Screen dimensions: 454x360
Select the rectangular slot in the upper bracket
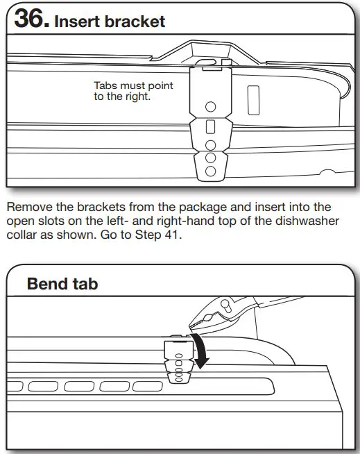coord(212,128)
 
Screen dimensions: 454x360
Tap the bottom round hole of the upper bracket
coord(212,169)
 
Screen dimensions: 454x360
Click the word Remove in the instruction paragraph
coord(27,206)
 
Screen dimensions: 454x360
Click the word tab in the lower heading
coord(85,283)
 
